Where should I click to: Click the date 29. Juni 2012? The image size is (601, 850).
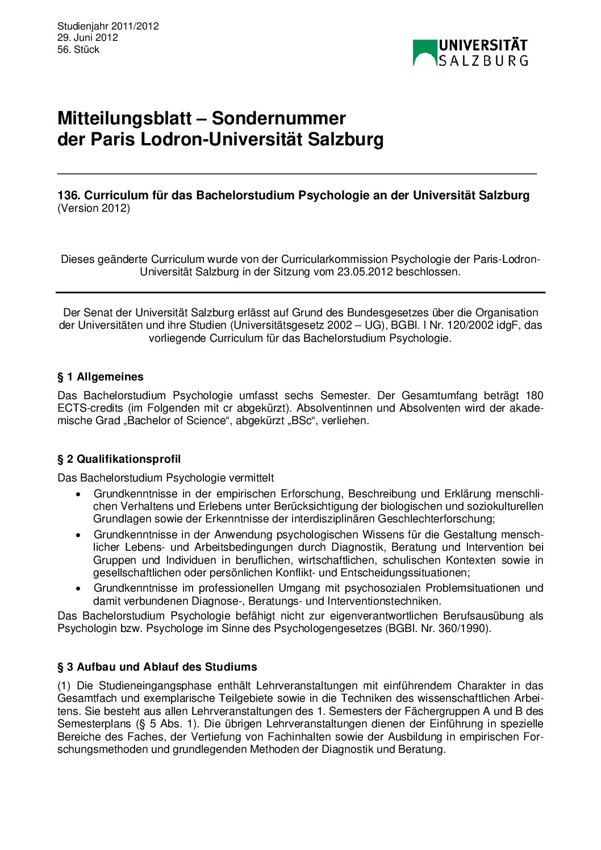[x=87, y=37]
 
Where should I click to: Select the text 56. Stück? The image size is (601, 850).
[x=78, y=49]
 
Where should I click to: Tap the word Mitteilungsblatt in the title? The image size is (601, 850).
[x=124, y=118]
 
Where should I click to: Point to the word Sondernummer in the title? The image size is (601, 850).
[x=278, y=118]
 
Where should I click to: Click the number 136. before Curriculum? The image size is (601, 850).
[x=69, y=195]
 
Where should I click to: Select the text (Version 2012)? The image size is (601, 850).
[x=94, y=208]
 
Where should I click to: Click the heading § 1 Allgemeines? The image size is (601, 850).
[x=101, y=377]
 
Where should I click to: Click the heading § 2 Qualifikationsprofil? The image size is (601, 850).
[x=119, y=459]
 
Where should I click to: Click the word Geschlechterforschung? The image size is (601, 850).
[x=435, y=518]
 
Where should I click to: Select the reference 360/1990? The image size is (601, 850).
[x=464, y=629]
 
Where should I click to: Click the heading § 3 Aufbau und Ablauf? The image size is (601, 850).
[x=157, y=667]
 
